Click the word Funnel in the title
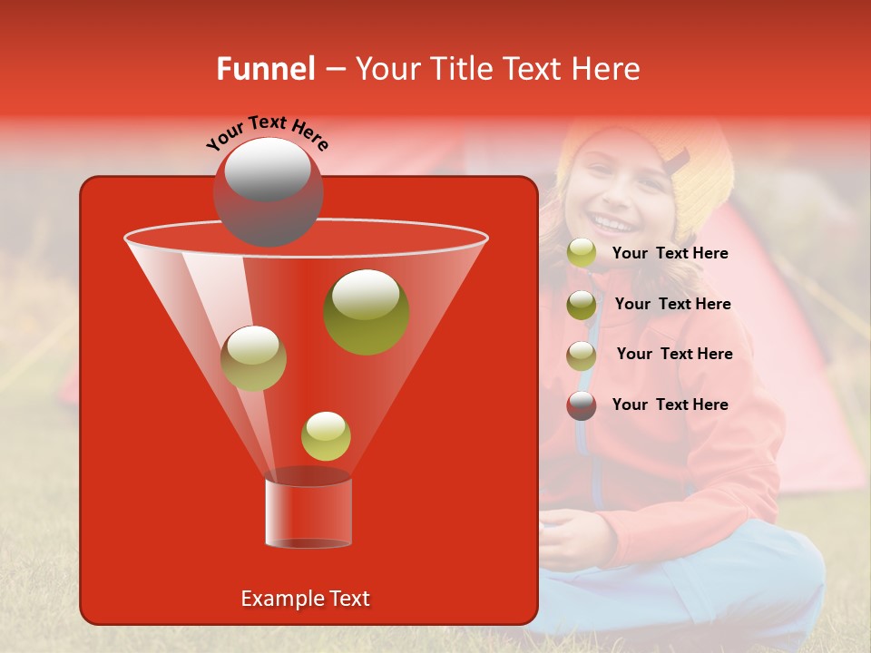[x=265, y=69]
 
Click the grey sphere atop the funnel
[x=268, y=191]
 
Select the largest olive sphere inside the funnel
[x=366, y=311]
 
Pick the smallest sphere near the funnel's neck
[x=326, y=436]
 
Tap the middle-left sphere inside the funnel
[x=253, y=358]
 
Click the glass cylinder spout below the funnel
[x=308, y=512]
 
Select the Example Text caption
[x=305, y=599]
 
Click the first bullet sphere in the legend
[x=582, y=253]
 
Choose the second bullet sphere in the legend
[x=582, y=305]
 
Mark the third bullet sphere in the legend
[x=582, y=356]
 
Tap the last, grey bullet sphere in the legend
[x=582, y=405]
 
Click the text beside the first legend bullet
[x=670, y=254]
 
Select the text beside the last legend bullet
[x=670, y=404]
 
